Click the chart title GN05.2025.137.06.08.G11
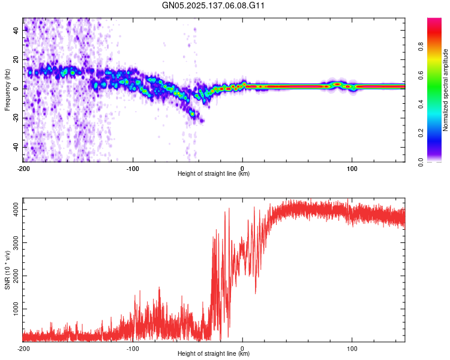click(214, 7)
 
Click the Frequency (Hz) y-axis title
click(7, 90)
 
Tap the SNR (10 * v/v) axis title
click(7, 269)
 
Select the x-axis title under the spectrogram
click(214, 173)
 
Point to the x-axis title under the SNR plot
click(214, 353)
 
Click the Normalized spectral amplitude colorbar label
click(446, 90)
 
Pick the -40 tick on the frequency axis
click(16, 146)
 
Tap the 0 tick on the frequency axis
click(16, 88)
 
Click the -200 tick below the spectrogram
click(23, 167)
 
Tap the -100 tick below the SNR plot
click(133, 347)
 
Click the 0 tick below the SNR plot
click(242, 347)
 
